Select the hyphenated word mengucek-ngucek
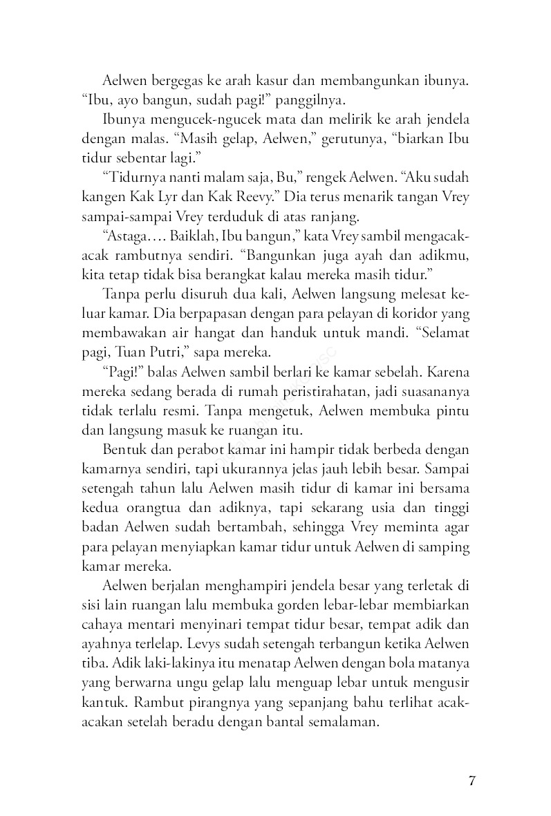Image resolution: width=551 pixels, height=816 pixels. (201, 119)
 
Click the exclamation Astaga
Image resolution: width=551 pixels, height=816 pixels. (129, 236)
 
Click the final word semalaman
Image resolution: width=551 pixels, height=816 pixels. (341, 723)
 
